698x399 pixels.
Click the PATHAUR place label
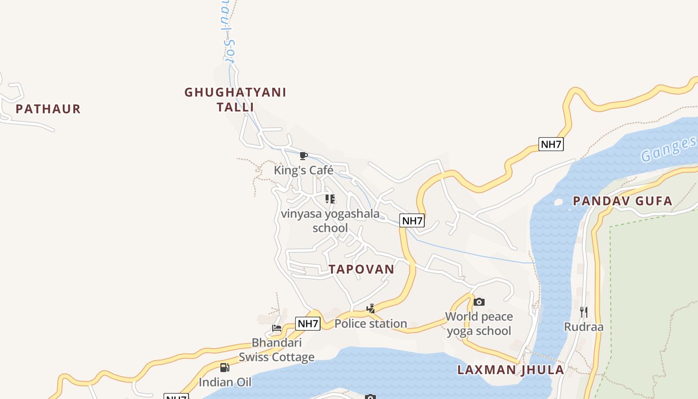click(48, 109)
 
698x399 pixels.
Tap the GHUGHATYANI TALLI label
click(235, 100)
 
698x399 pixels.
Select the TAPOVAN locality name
click(361, 269)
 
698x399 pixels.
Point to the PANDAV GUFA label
click(622, 201)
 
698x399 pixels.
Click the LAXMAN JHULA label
click(511, 370)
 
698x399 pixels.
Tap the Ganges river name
click(668, 149)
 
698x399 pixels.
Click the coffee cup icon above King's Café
click(303, 156)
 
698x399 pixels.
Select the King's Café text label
click(303, 171)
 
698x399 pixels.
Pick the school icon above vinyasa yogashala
click(330, 199)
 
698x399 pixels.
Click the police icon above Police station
click(370, 309)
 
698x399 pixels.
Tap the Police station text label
click(370, 324)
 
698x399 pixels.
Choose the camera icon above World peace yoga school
click(479, 302)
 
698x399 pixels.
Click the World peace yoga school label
click(479, 324)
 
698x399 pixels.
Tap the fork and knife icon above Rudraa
click(584, 312)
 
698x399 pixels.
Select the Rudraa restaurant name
click(584, 327)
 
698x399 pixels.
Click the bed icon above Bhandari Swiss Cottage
click(277, 328)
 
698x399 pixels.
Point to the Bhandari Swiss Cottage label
click(277, 350)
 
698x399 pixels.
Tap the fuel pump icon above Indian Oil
click(225, 368)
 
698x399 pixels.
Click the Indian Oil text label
click(225, 383)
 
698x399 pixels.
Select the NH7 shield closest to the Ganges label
click(551, 145)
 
